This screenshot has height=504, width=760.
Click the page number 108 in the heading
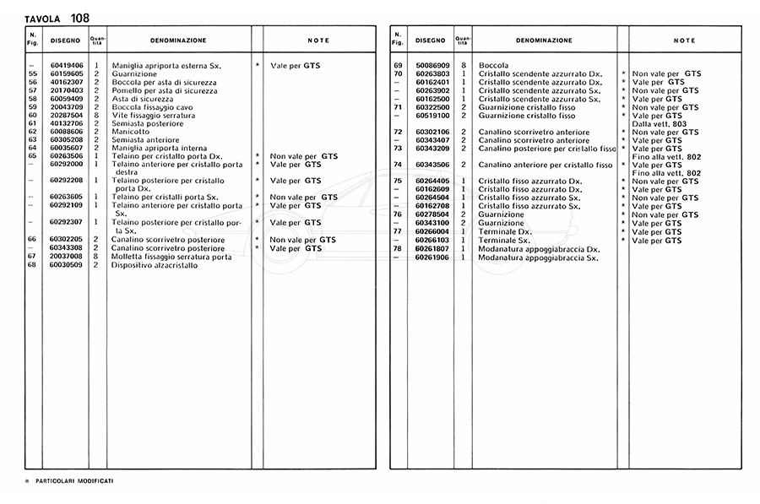pyautogui.click(x=80, y=18)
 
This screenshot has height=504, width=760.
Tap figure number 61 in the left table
pyautogui.click(x=32, y=123)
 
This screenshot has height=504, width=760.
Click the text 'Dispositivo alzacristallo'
pyautogui.click(x=155, y=265)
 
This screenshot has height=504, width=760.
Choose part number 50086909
pyautogui.click(x=432, y=65)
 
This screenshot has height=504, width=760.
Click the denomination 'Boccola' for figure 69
pyautogui.click(x=493, y=65)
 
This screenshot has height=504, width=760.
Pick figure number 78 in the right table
pyautogui.click(x=398, y=249)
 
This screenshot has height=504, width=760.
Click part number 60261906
pyautogui.click(x=432, y=257)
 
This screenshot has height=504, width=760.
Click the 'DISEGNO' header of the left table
pyautogui.click(x=65, y=41)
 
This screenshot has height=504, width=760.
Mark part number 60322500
pyautogui.click(x=432, y=107)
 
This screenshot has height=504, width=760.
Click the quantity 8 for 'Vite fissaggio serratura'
pyautogui.click(x=97, y=115)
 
